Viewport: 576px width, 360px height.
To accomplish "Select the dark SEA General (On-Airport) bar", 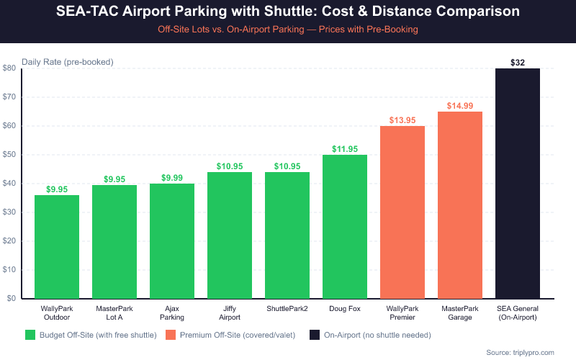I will pos(518,184).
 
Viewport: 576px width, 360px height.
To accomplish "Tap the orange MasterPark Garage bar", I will pos(460,205).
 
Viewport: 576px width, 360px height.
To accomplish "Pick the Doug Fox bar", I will pos(345,227).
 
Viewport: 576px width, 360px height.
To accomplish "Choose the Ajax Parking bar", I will pos(172,241).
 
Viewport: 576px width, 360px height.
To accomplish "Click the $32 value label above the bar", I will pos(518,63).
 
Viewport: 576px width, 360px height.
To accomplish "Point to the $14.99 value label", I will pos(460,106).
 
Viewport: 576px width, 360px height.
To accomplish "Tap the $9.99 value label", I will pos(172,178).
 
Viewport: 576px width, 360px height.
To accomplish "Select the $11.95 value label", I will pos(345,149).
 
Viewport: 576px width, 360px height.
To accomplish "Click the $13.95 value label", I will pos(402,120).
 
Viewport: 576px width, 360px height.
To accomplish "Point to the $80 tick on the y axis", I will pos(9,68).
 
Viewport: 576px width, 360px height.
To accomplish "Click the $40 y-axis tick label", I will pos(9,184).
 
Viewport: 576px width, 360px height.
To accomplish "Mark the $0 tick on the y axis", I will pos(12,299).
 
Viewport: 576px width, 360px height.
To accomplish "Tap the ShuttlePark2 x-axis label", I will pos(287,308).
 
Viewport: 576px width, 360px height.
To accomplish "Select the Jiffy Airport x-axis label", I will pos(230,312).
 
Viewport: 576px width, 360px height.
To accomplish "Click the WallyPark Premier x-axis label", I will pos(402,312).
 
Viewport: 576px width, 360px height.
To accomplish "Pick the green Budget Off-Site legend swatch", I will pos(30,335).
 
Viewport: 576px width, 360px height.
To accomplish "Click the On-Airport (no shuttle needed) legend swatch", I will pos(315,335).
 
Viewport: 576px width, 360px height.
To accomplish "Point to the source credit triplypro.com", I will pos(520,352).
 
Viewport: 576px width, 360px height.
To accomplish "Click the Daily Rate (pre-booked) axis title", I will pos(67,62).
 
